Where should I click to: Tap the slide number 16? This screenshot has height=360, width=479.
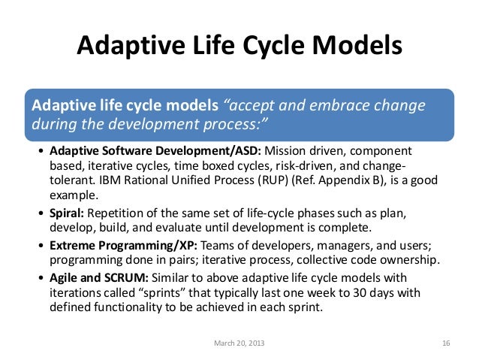[446, 343]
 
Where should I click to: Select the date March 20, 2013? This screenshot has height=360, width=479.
[239, 343]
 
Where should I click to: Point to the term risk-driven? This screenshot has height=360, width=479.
[313, 166]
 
